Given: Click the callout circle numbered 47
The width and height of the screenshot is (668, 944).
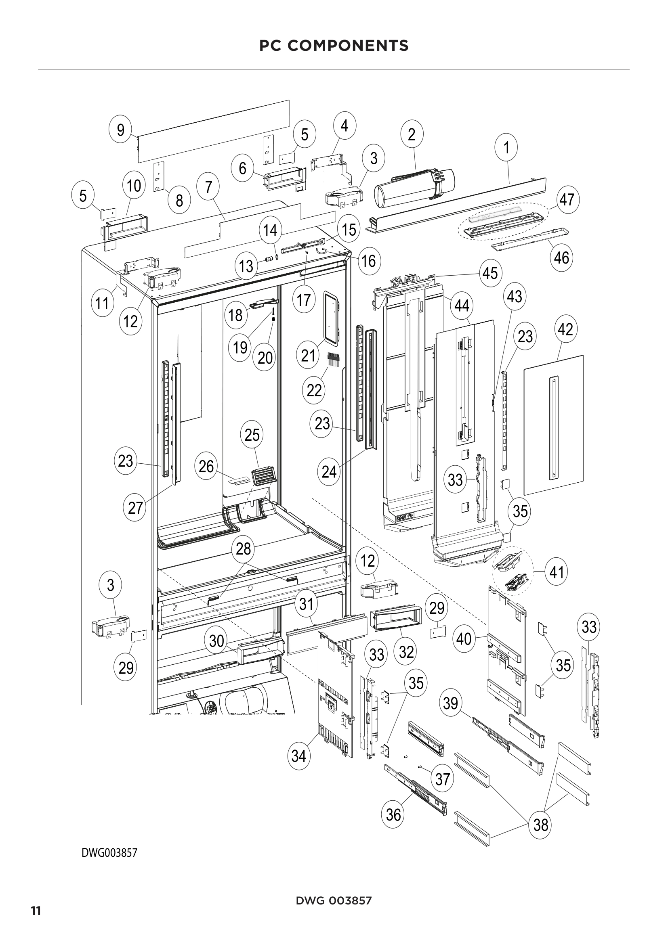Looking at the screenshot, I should (567, 200).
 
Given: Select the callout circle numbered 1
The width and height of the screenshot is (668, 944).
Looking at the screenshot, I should (506, 147).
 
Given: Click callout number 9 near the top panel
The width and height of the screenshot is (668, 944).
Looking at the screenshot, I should (120, 130).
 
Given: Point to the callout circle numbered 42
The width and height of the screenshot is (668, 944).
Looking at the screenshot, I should (565, 329).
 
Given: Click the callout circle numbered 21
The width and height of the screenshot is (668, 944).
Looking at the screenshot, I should (308, 355).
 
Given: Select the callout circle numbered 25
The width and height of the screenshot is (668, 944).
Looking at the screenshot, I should (252, 435).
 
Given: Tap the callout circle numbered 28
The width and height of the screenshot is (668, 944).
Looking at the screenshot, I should (244, 548).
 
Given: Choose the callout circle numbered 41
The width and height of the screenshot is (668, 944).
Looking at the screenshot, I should (556, 571).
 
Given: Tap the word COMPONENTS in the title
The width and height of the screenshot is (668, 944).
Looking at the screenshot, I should (348, 46).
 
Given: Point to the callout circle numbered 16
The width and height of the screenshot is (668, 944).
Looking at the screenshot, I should (369, 261).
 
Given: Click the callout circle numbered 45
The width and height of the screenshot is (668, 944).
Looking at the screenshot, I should (490, 273).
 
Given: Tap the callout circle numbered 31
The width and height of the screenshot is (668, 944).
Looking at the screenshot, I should (307, 604).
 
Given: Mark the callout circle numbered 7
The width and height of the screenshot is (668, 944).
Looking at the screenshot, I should (208, 187).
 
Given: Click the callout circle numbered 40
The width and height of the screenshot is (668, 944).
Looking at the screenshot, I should (464, 639).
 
